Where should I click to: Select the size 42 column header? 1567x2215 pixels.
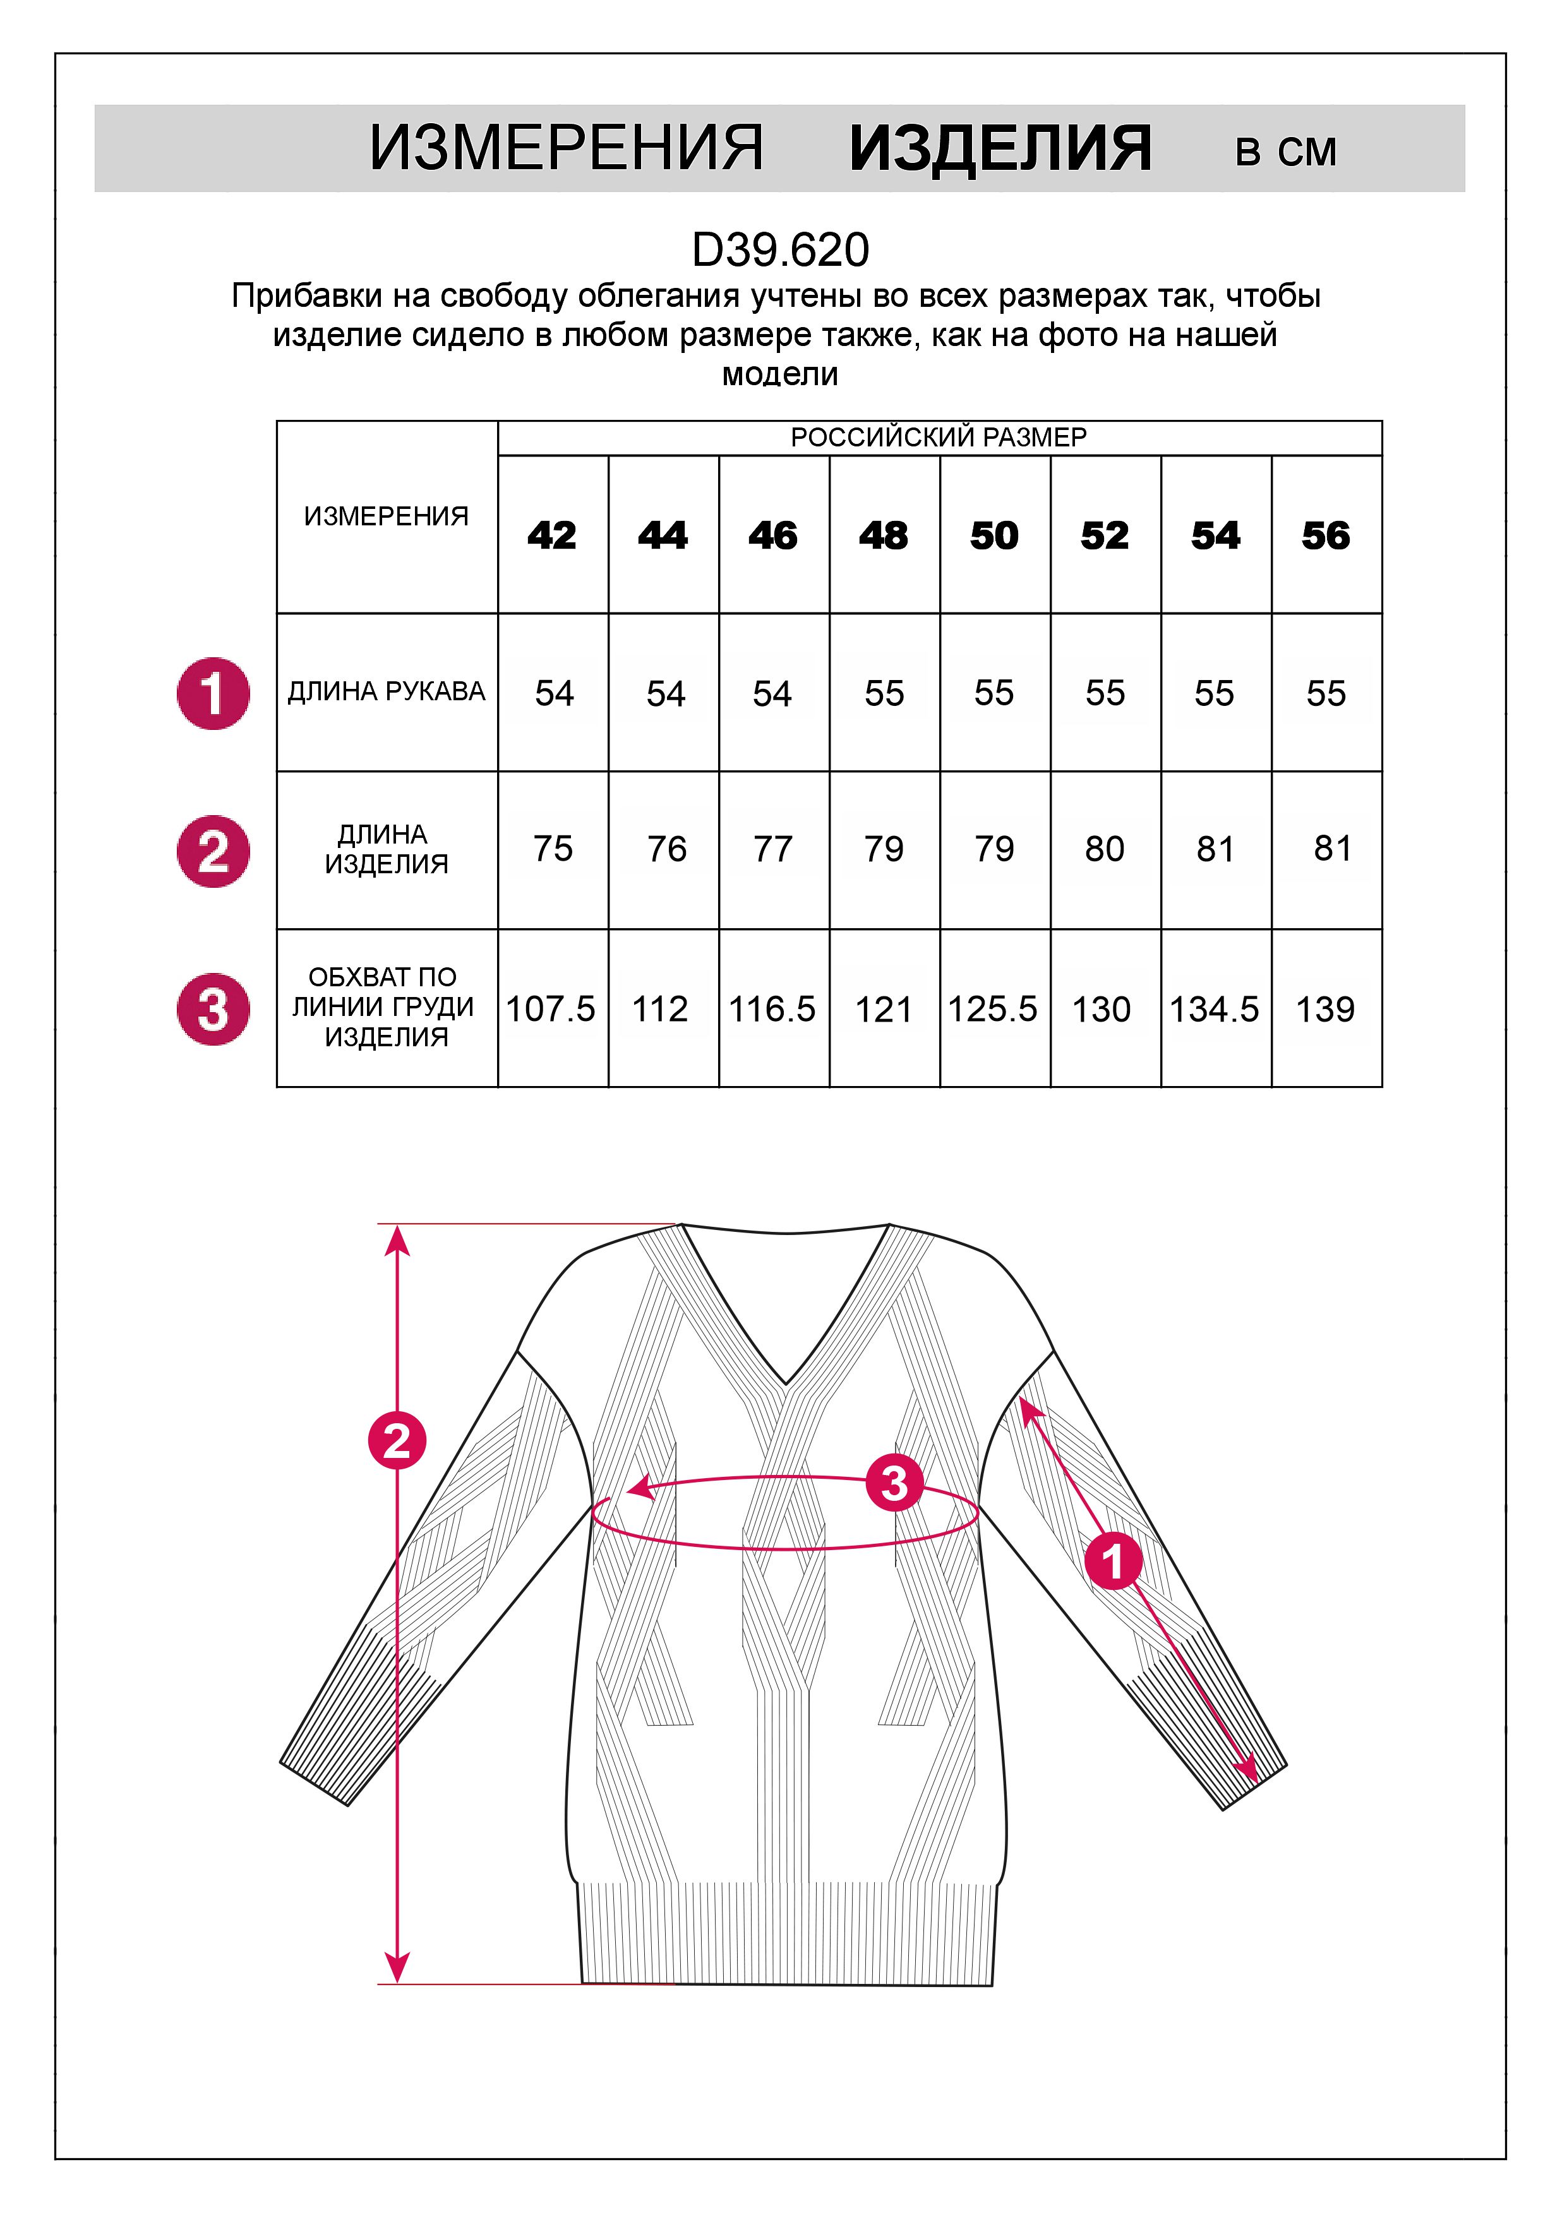[x=552, y=535]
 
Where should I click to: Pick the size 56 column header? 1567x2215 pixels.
[x=1326, y=535]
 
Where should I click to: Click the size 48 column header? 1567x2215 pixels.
[x=884, y=535]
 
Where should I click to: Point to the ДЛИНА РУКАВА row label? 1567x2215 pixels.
[x=386, y=691]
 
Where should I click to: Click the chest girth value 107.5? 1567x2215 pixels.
[x=551, y=1009]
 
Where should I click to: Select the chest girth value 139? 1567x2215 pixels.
[x=1325, y=1009]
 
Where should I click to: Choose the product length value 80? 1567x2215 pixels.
[x=1105, y=849]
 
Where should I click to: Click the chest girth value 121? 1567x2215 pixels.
[x=883, y=1009]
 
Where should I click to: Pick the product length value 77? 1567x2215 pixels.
[x=773, y=849]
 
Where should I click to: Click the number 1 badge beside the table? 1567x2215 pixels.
[x=213, y=693]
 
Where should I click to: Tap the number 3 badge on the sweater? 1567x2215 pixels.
[x=894, y=1483]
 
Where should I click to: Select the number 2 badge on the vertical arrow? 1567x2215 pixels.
[x=397, y=1442]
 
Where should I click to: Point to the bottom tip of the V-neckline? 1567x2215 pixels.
[x=788, y=1382]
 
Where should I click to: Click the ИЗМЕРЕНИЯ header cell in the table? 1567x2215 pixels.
[x=386, y=516]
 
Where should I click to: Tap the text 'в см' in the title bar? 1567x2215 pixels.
[x=1285, y=152]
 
